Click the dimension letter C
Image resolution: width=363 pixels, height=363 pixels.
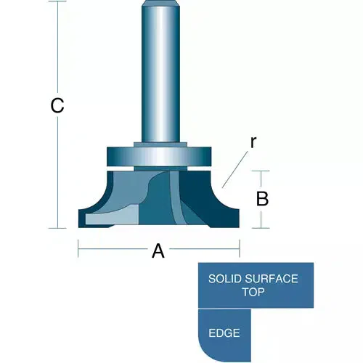[57, 106]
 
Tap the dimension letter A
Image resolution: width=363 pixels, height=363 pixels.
[158, 252]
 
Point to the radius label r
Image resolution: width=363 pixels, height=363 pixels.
[253, 143]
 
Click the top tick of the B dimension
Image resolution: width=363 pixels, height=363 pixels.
[261, 171]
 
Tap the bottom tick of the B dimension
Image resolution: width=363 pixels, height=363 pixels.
[261, 228]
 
